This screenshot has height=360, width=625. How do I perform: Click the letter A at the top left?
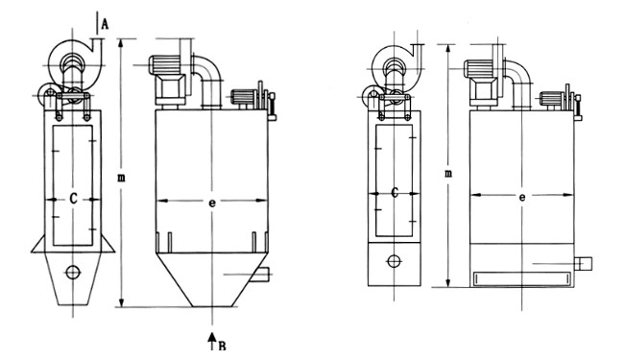105,24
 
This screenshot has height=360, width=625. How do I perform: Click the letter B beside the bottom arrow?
222,346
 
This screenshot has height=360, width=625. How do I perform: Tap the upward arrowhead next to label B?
212,337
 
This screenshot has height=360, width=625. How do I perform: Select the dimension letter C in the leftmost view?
73,199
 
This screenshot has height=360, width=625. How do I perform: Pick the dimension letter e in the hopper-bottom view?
212,203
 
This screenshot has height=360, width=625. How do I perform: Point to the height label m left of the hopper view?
121,178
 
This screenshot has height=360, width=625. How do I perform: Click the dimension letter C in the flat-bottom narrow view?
395,193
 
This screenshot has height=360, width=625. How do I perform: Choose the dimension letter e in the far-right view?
522,197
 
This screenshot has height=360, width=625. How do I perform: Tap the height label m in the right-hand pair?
448,174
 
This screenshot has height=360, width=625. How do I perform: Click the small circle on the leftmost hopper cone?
73,273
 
